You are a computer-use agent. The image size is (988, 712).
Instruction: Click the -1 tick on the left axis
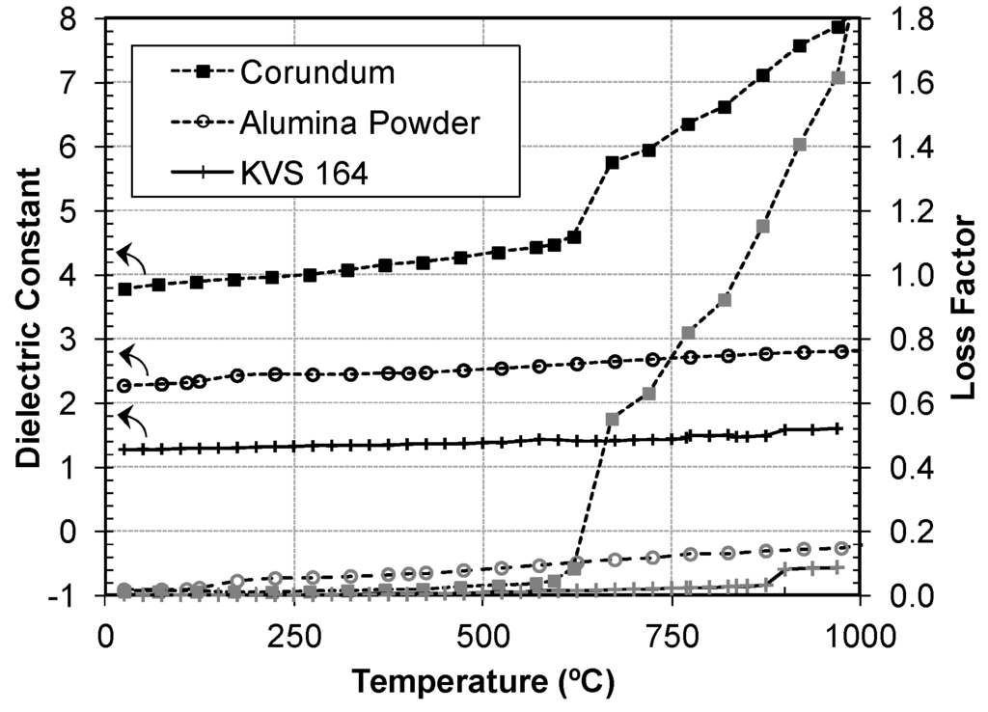click(78, 595)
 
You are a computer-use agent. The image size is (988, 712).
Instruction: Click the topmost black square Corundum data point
click(837, 27)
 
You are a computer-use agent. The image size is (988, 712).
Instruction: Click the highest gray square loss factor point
click(837, 78)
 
